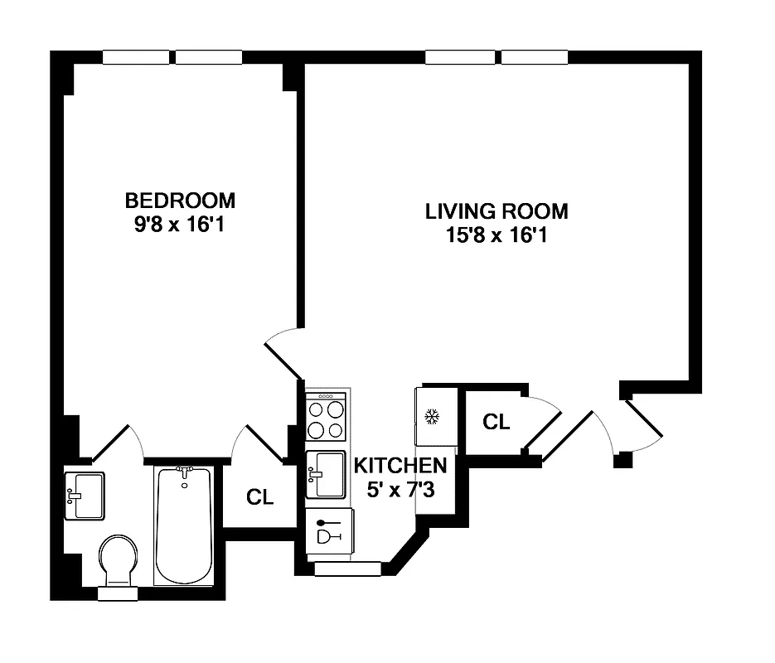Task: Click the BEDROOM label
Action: [180, 200]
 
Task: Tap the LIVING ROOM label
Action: [496, 211]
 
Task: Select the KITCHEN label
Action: [401, 465]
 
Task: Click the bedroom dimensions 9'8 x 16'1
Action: [180, 225]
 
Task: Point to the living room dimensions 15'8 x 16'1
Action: [496, 236]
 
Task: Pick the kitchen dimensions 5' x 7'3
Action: [401, 490]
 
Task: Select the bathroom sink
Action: [85, 496]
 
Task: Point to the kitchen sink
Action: [326, 474]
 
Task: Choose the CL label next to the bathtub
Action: [259, 496]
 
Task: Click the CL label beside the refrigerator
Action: [496, 422]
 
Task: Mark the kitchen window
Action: [347, 569]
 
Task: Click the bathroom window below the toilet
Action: [118, 593]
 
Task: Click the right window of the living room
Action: [535, 57]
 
